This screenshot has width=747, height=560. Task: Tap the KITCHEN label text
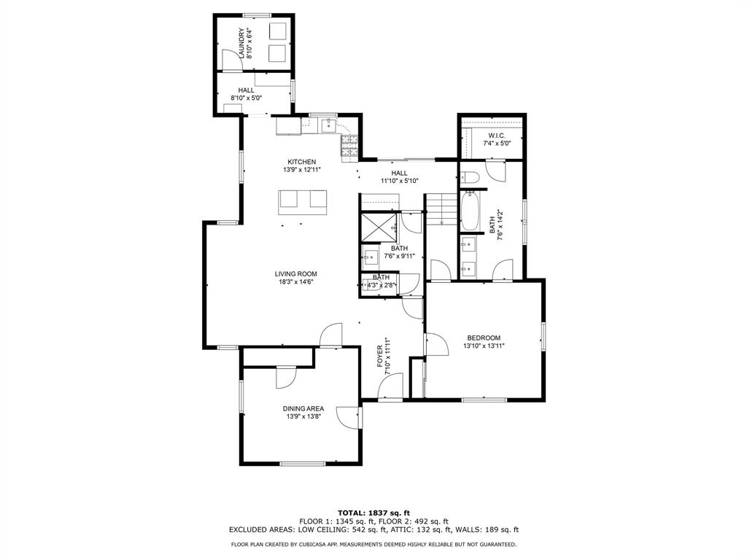tap(301, 162)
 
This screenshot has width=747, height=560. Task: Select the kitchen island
tap(302, 201)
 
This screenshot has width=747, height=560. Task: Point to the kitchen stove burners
tap(349, 147)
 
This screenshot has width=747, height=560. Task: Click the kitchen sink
tap(330, 125)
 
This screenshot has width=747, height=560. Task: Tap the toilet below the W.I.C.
tap(470, 176)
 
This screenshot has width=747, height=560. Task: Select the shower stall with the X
tap(379, 227)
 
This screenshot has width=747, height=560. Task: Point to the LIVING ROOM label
tap(295, 274)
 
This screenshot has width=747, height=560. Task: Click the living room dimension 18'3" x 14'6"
tap(295, 283)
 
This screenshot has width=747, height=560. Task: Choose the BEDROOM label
tap(484, 338)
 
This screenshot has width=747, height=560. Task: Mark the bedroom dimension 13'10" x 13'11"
tap(484, 346)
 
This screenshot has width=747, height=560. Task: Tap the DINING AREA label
tap(303, 408)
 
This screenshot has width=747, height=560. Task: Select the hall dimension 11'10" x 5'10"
tap(399, 181)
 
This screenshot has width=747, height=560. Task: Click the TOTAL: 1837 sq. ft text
tap(373, 513)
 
